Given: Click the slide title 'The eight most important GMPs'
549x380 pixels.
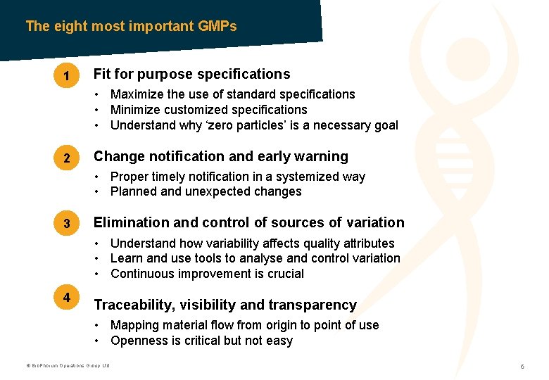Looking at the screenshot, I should click(x=131, y=26).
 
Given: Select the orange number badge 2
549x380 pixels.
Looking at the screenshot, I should click(x=66, y=159).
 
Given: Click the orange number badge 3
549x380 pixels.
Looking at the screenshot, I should click(x=66, y=224).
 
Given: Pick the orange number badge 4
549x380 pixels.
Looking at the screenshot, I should click(x=66, y=298).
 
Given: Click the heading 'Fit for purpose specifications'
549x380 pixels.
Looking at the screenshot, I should click(x=191, y=74).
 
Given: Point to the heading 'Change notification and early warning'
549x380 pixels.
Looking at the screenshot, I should click(x=220, y=156).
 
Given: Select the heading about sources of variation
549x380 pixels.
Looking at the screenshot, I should click(x=248, y=222).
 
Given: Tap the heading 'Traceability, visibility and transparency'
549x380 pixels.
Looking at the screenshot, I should click(x=225, y=305).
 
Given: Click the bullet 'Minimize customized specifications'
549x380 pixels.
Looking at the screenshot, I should click(x=208, y=110).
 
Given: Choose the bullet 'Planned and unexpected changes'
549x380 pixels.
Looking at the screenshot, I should click(x=206, y=191).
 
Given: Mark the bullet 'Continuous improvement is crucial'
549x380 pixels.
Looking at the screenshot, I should click(x=207, y=274).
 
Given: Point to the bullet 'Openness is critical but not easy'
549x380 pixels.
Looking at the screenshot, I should click(x=201, y=341).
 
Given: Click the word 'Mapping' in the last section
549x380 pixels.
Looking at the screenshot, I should click(x=134, y=325).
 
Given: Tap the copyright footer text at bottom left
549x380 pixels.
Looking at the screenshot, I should click(x=68, y=366).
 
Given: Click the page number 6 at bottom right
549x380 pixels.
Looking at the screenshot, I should click(x=522, y=367).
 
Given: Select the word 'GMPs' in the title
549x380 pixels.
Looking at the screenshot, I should click(x=218, y=26).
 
